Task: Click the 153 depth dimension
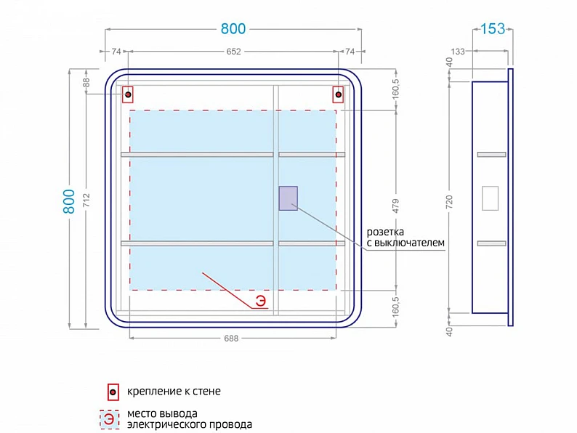point(493,28)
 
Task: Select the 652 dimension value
point(234,52)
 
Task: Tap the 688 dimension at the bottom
point(232,338)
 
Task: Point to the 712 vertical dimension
point(86,200)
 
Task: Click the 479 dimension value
point(395,206)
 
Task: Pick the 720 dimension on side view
point(449,203)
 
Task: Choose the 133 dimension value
point(458,52)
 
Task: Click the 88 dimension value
point(86,82)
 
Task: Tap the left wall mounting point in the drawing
point(128,94)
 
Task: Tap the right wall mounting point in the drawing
point(338,94)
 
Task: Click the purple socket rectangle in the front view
point(288,198)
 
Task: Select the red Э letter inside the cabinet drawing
point(261,301)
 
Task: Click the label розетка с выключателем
point(405,238)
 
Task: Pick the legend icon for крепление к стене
point(113,392)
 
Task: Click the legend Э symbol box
point(109,419)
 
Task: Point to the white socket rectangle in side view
point(490,198)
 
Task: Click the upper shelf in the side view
point(492,155)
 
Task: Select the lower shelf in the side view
point(492,243)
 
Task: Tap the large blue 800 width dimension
point(233,28)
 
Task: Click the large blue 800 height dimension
point(69,201)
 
